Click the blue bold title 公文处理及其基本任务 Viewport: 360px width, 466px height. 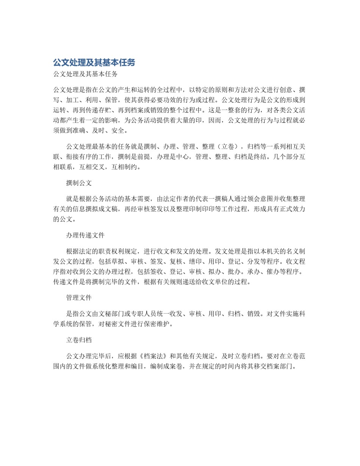[x=94, y=63]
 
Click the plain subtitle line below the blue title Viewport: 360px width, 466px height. [x=85, y=74]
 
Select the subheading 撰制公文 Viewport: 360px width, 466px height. [x=79, y=183]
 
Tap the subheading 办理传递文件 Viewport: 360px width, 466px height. [x=85, y=235]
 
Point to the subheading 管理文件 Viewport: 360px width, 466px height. [x=79, y=298]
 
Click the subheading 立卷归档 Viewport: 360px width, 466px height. [x=79, y=340]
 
